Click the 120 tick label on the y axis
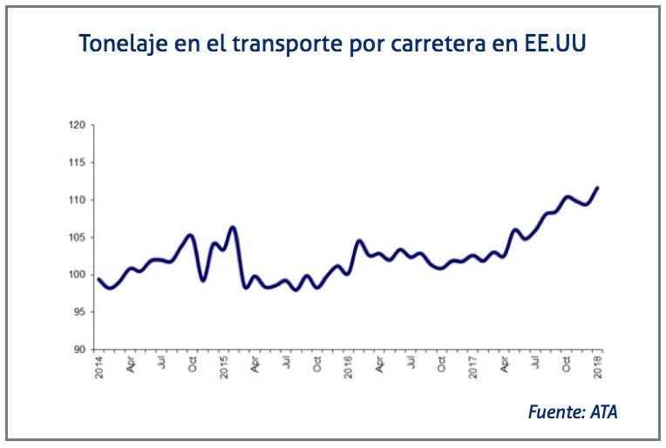click(x=78, y=126)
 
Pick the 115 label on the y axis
click(x=78, y=163)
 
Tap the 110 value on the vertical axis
click(x=78, y=200)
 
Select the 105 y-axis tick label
click(x=78, y=238)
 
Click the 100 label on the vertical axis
click(x=78, y=275)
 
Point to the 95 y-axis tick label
click(x=79, y=312)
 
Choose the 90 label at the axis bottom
click(x=79, y=350)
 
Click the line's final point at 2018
click(x=597, y=187)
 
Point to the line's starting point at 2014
click(x=99, y=280)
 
